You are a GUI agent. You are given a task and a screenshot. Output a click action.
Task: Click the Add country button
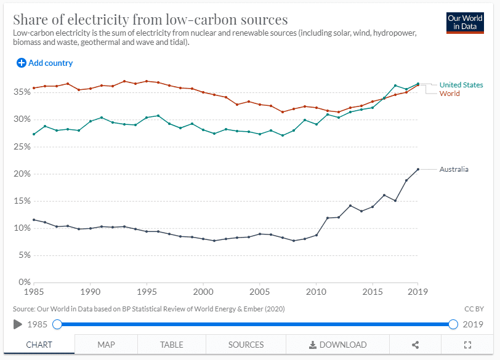click(44, 63)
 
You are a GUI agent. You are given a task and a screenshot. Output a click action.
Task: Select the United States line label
click(461, 85)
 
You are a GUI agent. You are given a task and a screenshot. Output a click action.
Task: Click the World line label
click(450, 94)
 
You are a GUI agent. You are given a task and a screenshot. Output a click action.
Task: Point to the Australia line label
click(454, 169)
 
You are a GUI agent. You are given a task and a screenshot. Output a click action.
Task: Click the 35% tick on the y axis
click(22, 92)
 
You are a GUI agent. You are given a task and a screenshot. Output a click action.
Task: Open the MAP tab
click(106, 345)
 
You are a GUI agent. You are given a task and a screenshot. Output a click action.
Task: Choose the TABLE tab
click(172, 345)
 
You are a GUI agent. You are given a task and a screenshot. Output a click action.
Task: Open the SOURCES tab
click(246, 345)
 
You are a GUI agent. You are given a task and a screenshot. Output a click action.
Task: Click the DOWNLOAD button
click(337, 345)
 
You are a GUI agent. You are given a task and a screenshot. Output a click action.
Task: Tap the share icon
click(416, 345)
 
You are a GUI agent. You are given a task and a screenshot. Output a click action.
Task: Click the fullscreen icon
click(467, 345)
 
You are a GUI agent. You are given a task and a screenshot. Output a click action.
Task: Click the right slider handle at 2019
click(453, 324)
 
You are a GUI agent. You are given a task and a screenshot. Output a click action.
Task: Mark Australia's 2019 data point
click(418, 169)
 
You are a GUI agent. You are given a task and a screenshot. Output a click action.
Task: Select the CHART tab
click(39, 345)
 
